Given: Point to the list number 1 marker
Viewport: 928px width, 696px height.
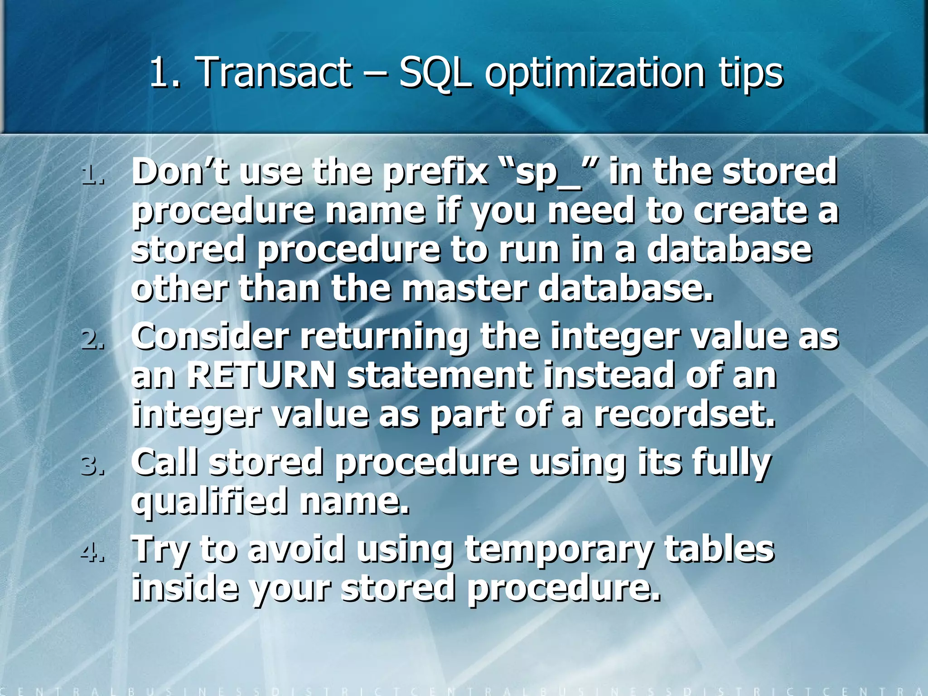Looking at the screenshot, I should [92, 174].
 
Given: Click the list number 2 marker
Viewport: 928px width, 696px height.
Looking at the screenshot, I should [92, 340].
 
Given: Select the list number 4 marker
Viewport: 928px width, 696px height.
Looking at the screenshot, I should [92, 552].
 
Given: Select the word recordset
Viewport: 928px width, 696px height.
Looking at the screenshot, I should [684, 415].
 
